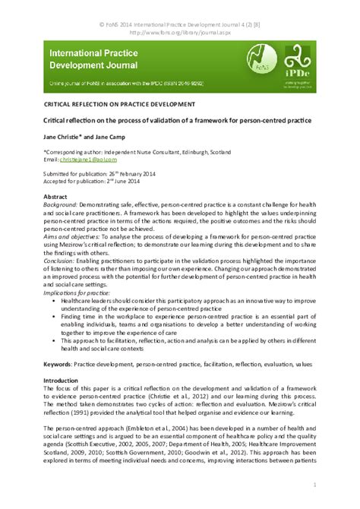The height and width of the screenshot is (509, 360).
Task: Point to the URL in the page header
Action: click(x=179, y=33)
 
